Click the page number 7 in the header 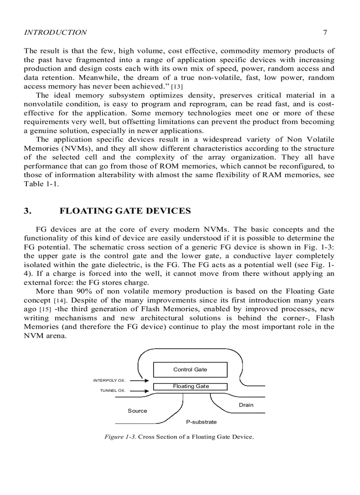tap(324, 32)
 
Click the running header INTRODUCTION tap(55, 32)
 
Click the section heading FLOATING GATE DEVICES tap(125, 211)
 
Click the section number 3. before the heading tap(27, 211)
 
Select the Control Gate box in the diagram tap(190, 369)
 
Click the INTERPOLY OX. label tap(109, 380)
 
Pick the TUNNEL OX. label tap(113, 391)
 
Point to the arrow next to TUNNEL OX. tap(139, 391)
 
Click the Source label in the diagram tap(137, 411)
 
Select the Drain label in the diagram tap(246, 405)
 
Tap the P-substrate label tap(201, 422)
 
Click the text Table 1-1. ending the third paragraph tap(41, 184)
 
